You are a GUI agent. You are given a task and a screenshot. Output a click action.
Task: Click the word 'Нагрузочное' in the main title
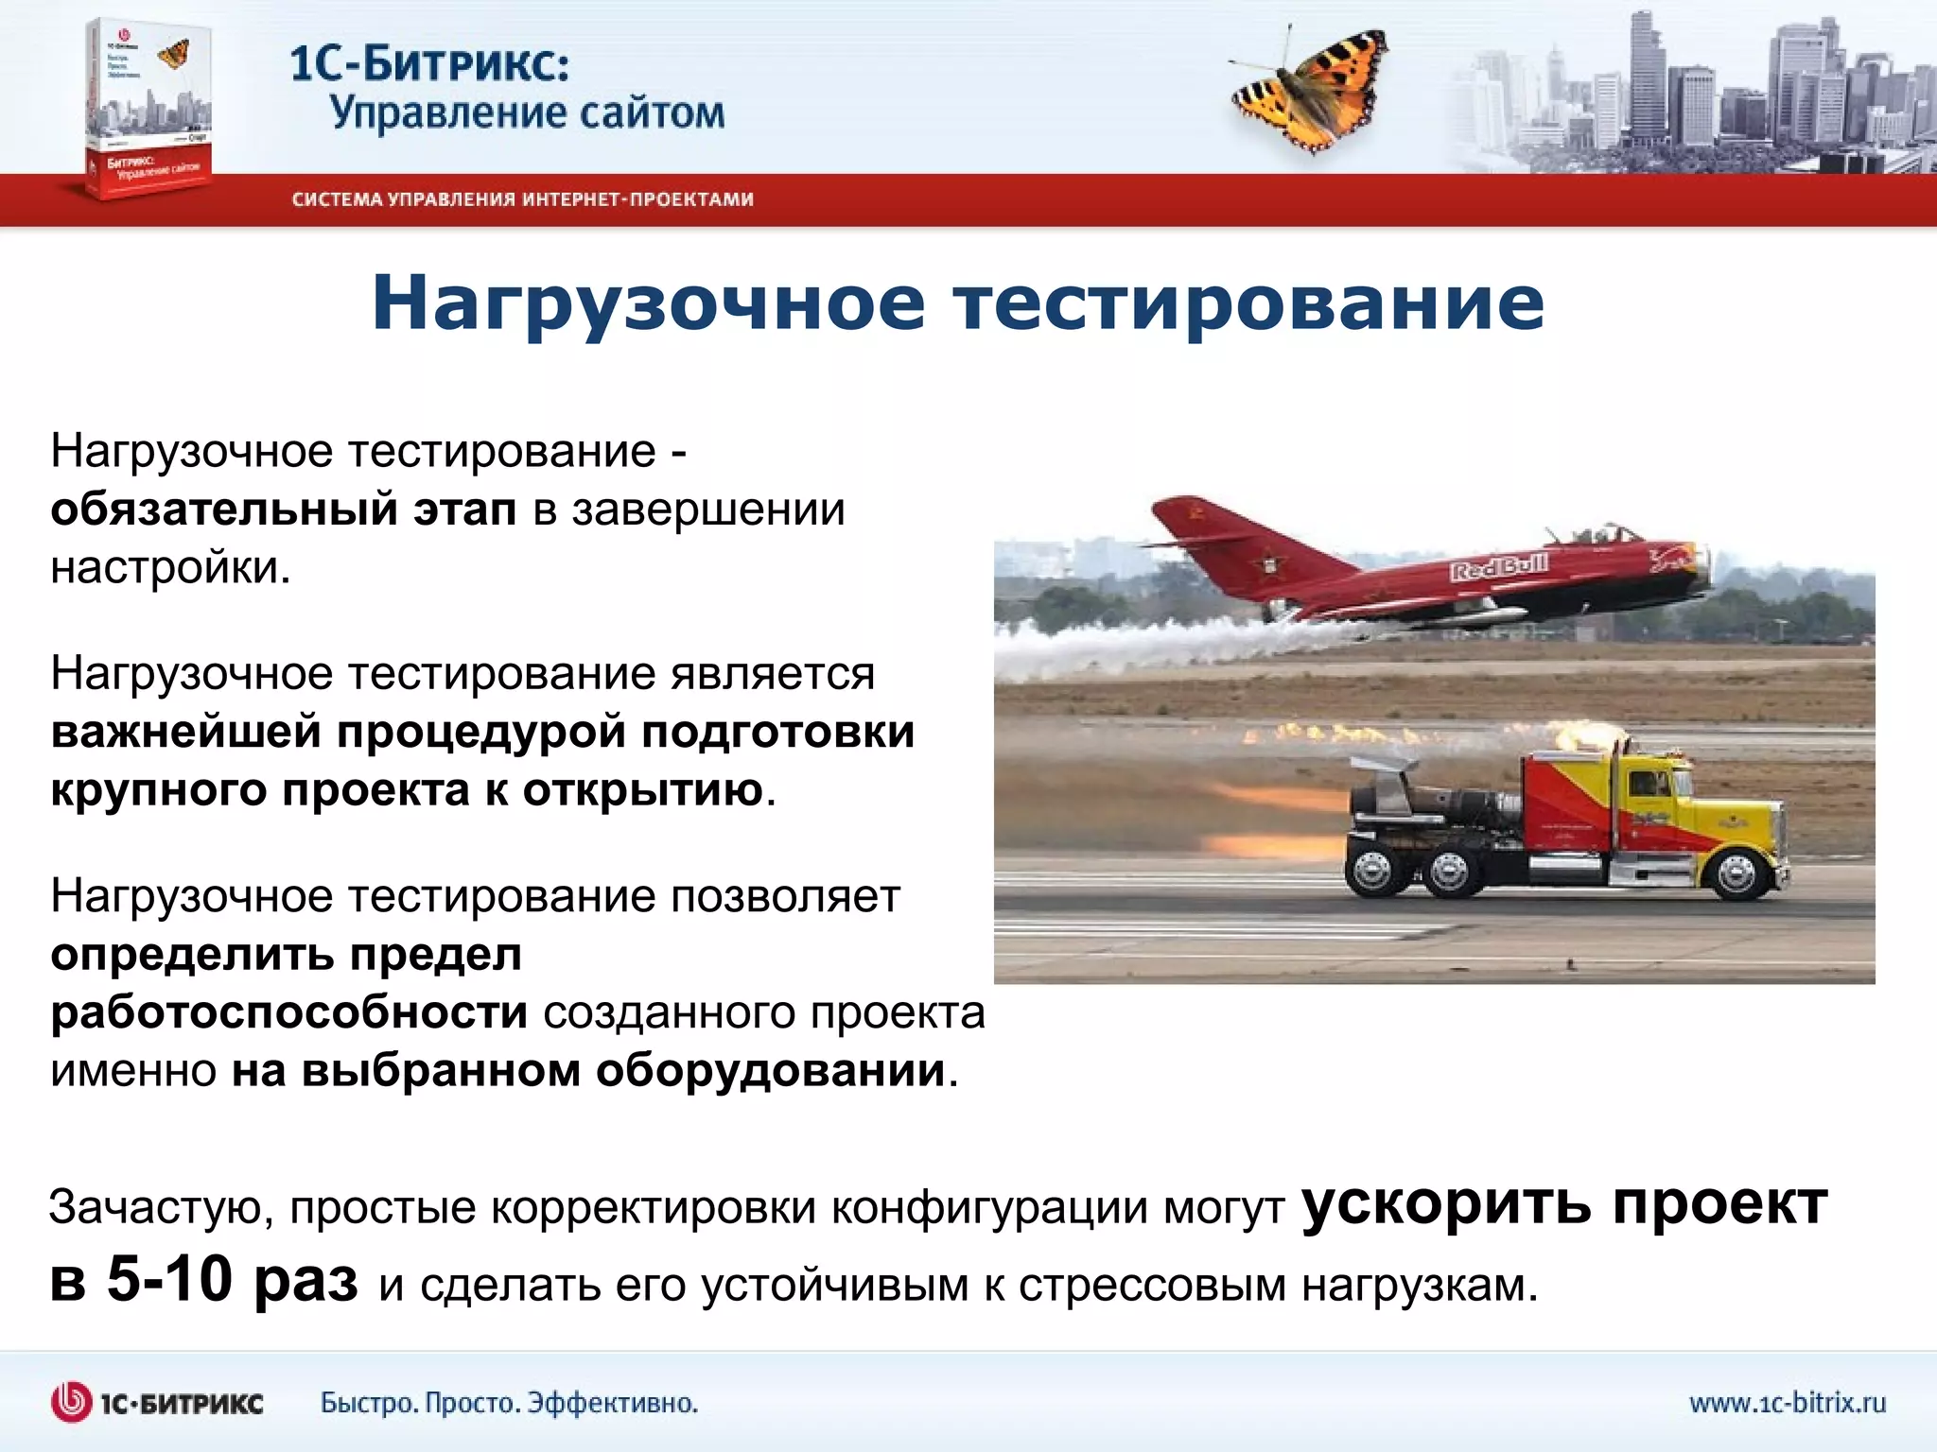(648, 302)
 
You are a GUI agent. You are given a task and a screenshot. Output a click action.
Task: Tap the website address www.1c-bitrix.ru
(1787, 1402)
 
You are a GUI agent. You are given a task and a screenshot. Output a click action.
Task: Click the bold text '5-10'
(169, 1281)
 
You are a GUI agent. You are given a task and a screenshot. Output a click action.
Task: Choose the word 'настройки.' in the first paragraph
(171, 568)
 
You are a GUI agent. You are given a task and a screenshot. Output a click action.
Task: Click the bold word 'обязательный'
(224, 510)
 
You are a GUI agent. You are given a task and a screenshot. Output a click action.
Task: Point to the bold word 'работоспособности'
(288, 1013)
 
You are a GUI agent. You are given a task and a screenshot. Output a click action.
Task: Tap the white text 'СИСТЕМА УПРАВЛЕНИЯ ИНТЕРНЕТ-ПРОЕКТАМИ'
(522, 199)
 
